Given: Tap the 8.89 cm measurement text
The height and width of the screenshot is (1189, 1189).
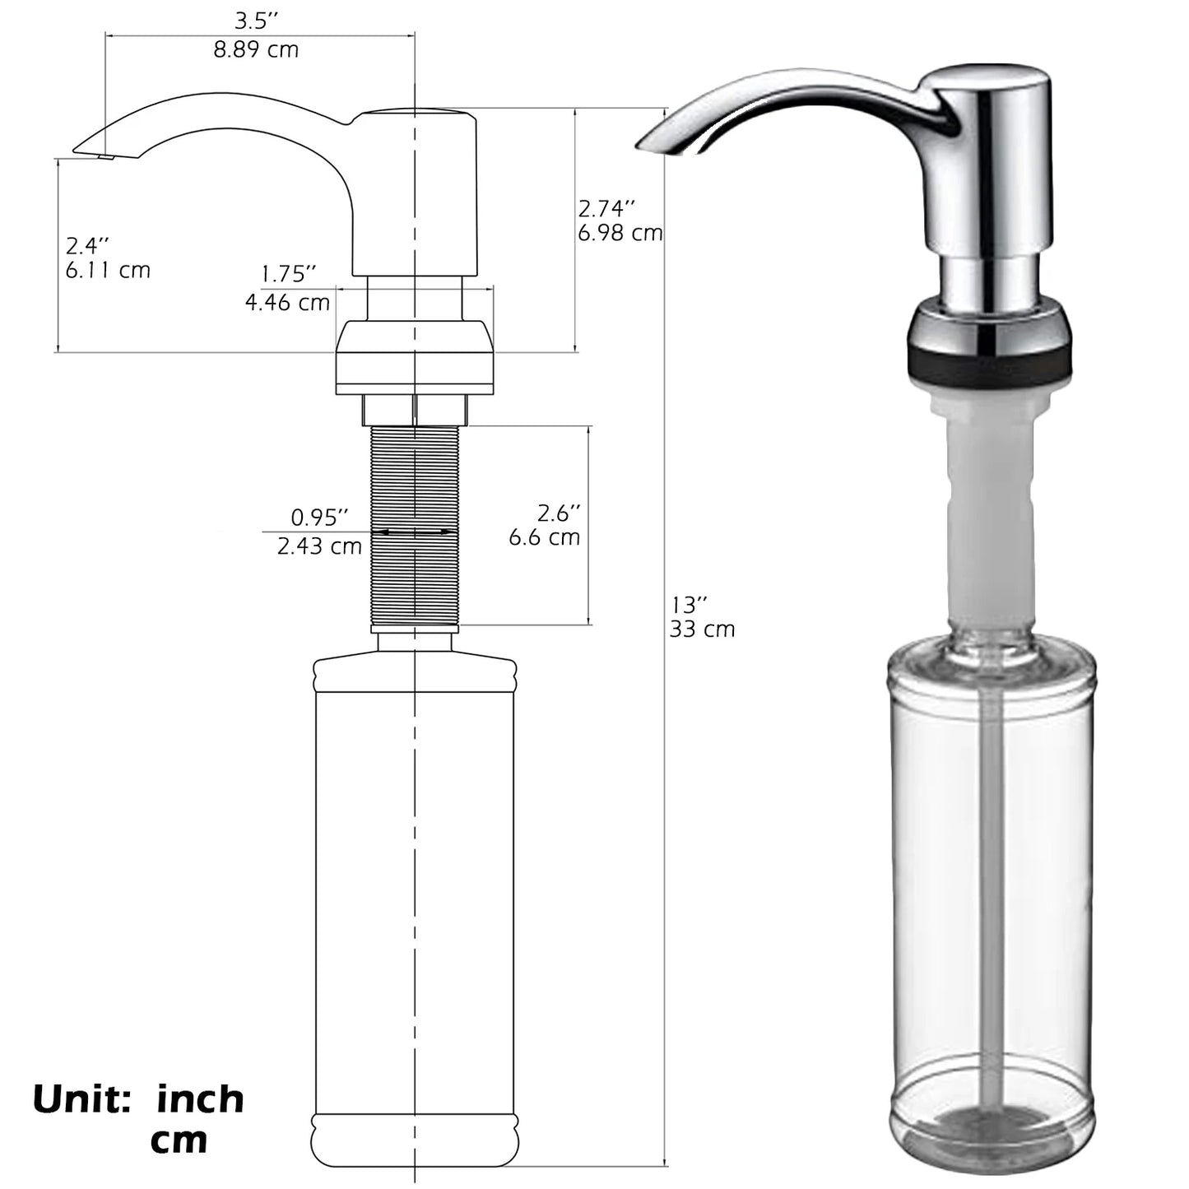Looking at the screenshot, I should (256, 50).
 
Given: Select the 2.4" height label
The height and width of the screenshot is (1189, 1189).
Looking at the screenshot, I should (87, 245).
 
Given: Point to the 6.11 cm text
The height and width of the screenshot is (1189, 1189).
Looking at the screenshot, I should (108, 270).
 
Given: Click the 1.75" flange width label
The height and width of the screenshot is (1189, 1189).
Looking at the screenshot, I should (288, 273).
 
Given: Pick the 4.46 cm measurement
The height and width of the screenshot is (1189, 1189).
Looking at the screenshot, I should (287, 302).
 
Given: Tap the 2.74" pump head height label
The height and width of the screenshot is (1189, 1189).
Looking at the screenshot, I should (607, 207).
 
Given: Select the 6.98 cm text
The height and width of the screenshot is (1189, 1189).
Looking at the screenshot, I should (620, 233).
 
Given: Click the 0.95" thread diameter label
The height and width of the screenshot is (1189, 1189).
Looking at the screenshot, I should (319, 518).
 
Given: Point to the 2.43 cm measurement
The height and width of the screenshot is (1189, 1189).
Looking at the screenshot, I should (319, 546).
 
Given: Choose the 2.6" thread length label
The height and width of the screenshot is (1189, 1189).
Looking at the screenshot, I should (559, 513).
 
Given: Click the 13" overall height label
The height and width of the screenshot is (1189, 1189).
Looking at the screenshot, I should (689, 605).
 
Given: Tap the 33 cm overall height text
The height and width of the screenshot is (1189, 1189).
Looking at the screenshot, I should (702, 629).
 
